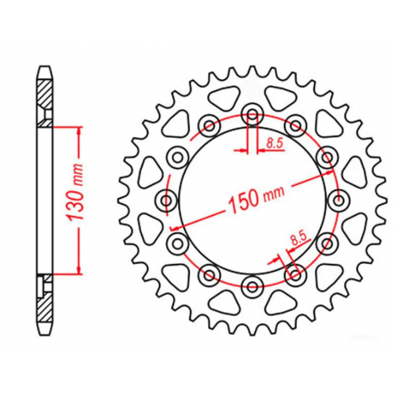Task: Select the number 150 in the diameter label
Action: [x=243, y=203]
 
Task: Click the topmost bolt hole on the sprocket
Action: [x=252, y=113]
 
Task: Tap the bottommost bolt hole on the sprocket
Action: [x=252, y=286]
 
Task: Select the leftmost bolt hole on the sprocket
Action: [x=166, y=200]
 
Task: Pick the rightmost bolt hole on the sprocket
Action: [x=338, y=200]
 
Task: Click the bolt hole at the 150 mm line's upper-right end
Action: [x=327, y=156]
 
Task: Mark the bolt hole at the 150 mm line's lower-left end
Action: [x=177, y=243]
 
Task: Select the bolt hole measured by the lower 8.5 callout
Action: [x=295, y=274]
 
